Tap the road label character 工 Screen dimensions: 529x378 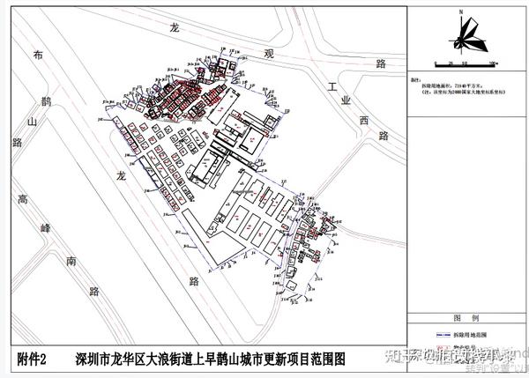332,89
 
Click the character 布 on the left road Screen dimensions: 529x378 37,56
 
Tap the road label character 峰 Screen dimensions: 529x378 47,228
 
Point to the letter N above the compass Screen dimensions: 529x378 461,11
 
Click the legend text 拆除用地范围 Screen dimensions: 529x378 466,335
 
